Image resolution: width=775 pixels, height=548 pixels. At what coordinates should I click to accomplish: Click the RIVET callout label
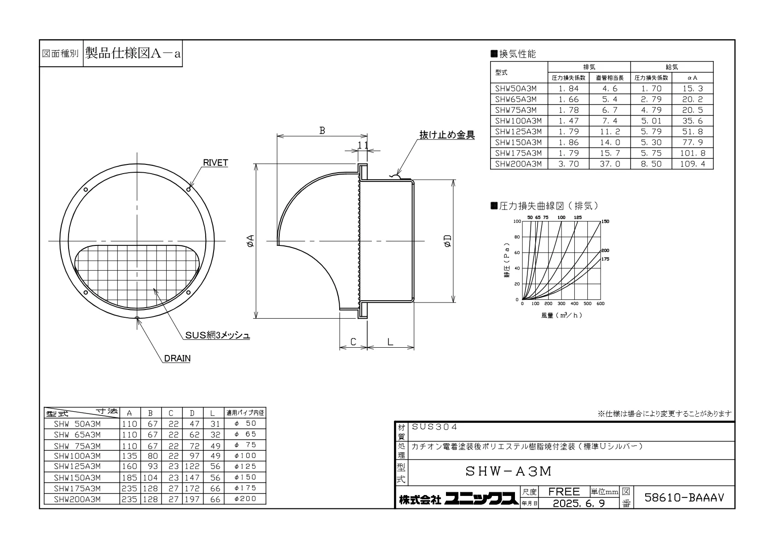(x=215, y=163)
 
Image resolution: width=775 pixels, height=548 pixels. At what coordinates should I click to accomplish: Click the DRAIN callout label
(x=177, y=358)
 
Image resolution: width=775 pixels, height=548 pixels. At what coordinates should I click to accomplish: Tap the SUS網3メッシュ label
(x=217, y=335)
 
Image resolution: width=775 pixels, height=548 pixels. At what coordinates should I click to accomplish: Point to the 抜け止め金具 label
(x=447, y=134)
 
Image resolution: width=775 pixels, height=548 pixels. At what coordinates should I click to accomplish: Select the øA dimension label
(x=250, y=240)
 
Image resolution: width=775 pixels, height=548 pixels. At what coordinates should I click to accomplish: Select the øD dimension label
(x=447, y=240)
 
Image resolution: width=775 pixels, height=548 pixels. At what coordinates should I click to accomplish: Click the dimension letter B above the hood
(x=322, y=130)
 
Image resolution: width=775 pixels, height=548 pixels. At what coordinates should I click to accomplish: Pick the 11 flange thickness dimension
(x=363, y=145)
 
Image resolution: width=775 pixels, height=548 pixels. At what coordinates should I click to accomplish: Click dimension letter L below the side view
(x=390, y=342)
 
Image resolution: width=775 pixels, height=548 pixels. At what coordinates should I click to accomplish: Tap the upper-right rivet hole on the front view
(x=189, y=189)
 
